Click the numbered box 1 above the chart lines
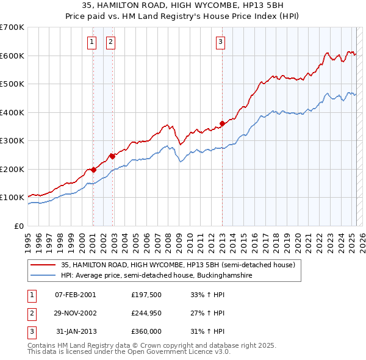[x=91, y=43]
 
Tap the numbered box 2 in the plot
[x=110, y=43]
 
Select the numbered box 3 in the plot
[x=220, y=43]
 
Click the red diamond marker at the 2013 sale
[x=222, y=123]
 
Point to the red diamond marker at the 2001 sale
[x=93, y=170]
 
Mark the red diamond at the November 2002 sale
[x=112, y=156]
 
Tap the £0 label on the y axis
[x=19, y=226]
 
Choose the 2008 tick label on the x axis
[x=168, y=243]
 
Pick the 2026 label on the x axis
[x=362, y=243]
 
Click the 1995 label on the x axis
[x=28, y=243]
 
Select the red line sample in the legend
[x=43, y=265]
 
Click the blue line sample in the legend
[x=43, y=275]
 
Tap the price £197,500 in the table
[x=146, y=295]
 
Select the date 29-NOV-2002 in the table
[x=75, y=313]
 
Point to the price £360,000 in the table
[x=146, y=331]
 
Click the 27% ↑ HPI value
[x=207, y=313]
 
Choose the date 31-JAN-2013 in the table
[x=76, y=331]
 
